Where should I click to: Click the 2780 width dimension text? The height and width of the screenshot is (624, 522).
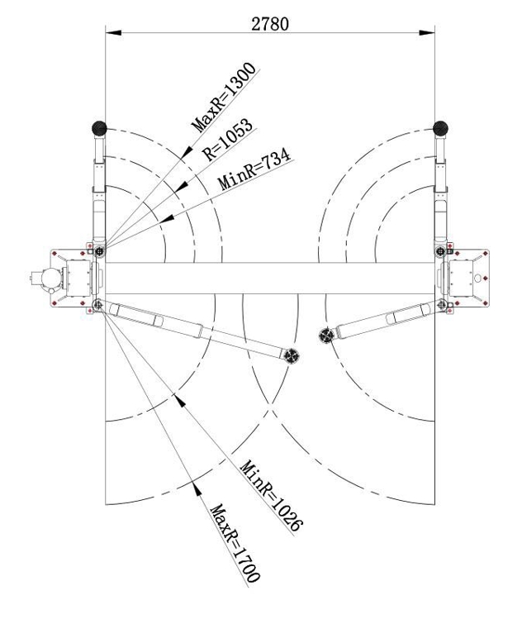270,24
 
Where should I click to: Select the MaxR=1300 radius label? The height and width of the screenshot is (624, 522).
224,97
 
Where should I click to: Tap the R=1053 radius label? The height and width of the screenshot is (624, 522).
227,140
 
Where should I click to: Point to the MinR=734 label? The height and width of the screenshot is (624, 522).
254,169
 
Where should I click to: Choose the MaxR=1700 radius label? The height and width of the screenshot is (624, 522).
235,544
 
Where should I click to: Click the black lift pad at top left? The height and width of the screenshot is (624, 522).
99,128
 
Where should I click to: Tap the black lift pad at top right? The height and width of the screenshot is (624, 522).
440,128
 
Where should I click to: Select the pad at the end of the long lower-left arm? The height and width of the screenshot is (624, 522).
292,355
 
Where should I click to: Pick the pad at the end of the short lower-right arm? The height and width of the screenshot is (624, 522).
326,336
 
